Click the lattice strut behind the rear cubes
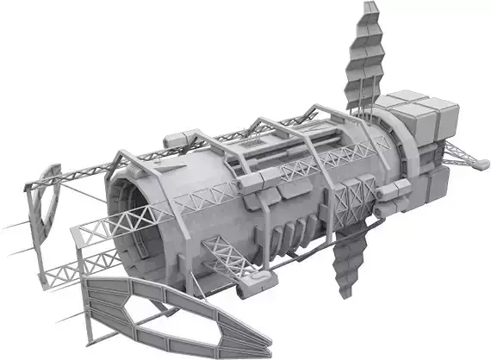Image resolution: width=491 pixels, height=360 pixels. click(x=461, y=152)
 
